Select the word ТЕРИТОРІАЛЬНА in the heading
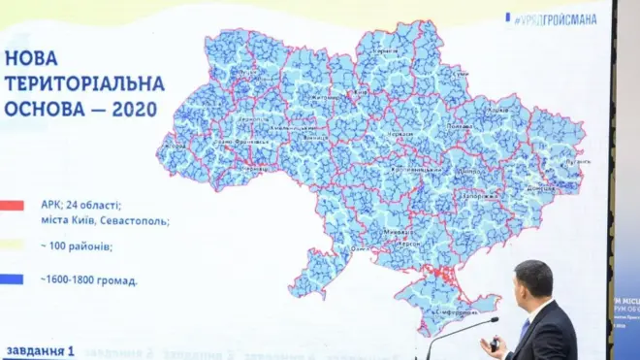(84, 83)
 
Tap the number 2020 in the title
(135, 109)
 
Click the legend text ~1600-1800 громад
(88, 280)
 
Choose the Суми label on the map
(462, 74)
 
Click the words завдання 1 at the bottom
(39, 350)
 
